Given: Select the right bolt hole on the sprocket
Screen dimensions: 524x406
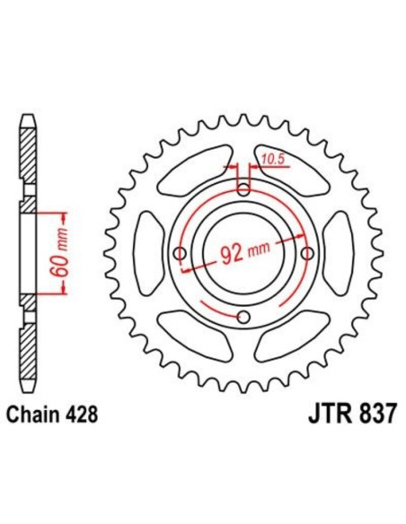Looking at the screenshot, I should click(x=308, y=255).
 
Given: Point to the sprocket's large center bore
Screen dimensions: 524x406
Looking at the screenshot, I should click(x=244, y=255).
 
